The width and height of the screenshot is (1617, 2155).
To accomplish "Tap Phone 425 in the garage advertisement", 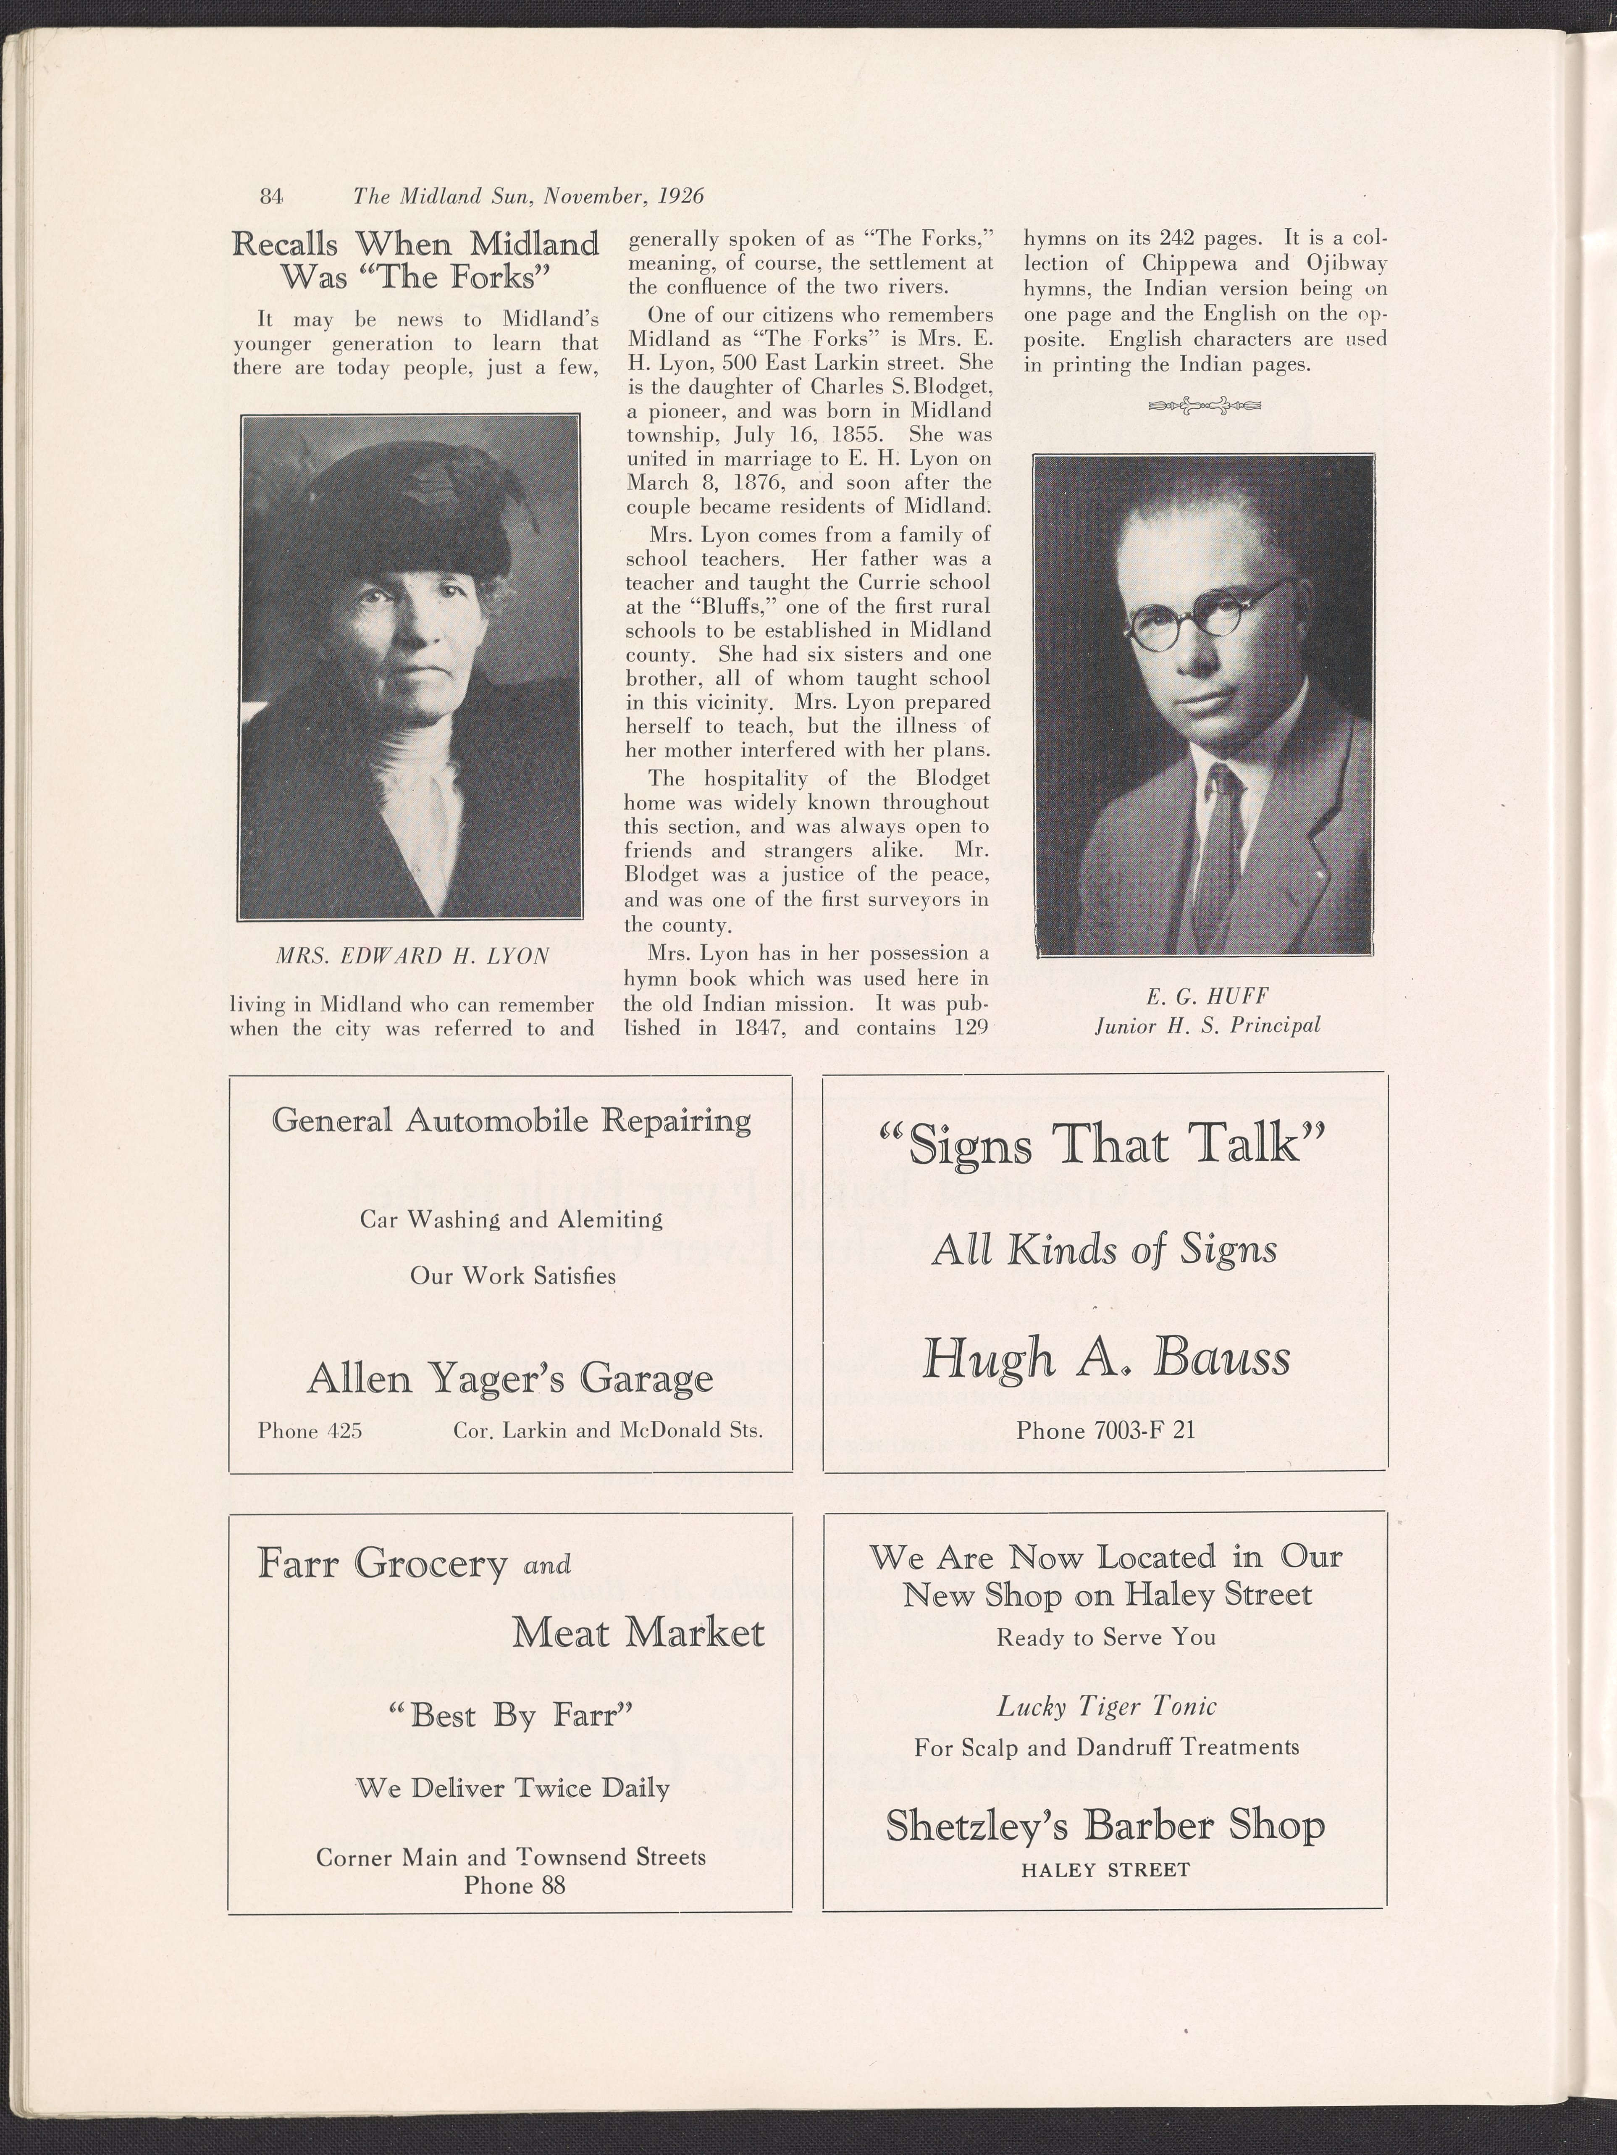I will point(310,1430).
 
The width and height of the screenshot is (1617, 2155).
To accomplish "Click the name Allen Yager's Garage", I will point(509,1377).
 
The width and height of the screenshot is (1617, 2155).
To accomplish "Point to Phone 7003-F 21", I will point(1105,1430).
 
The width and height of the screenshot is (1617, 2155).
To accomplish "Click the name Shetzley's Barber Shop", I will point(1105,1825).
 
